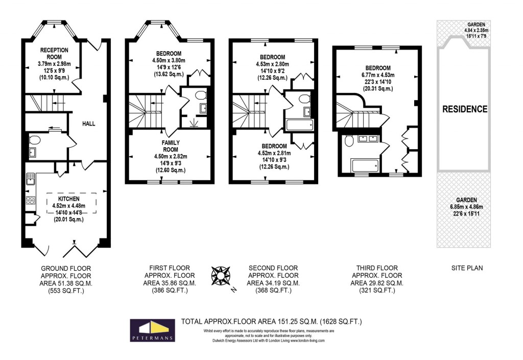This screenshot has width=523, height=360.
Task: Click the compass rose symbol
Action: coord(221,276)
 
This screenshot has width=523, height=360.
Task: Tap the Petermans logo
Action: coord(152,330)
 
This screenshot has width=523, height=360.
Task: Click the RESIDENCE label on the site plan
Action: coord(464,109)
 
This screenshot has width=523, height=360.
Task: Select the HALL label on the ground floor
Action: coord(88,124)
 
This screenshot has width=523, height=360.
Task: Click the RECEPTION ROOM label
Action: coord(55,53)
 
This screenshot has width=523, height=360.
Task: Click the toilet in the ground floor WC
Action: coord(35,140)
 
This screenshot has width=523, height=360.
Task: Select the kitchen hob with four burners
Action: coord(30,201)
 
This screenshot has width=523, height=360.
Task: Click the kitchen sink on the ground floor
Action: coord(30,179)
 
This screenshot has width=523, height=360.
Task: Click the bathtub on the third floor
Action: coord(365,165)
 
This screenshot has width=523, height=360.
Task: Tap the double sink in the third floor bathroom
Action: coord(367,138)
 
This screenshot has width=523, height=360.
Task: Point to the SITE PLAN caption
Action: coord(466,268)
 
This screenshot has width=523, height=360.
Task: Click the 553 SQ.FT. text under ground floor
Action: coord(62,291)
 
